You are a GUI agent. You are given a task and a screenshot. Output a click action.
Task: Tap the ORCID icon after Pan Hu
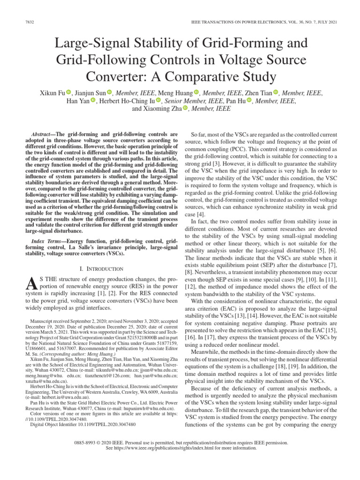tap(249, 101)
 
